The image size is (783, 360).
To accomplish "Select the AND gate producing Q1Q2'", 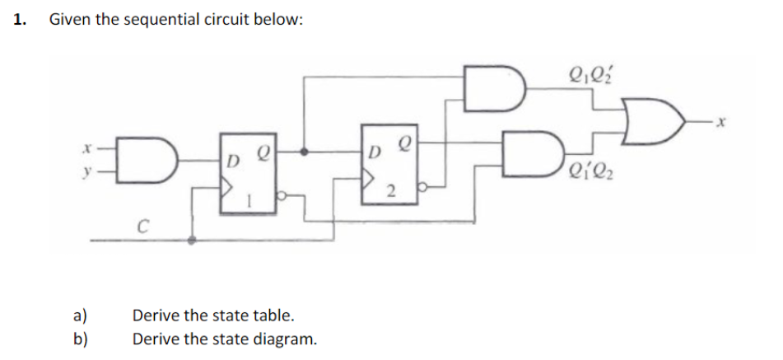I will tap(494, 88).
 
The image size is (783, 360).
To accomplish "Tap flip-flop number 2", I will tap(391, 162).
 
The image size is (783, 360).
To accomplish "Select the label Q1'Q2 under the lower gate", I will tap(590, 175).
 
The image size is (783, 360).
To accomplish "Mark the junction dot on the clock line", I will tap(193, 240).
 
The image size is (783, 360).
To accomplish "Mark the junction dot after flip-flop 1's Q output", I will tap(305, 153).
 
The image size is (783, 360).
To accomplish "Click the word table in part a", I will tap(272, 316).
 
